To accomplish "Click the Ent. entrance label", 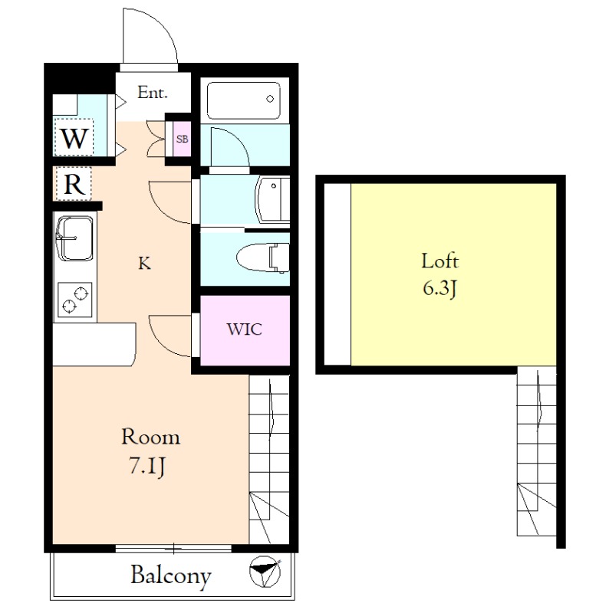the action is [152, 93].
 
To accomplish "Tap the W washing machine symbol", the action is [74, 138].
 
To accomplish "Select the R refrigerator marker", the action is [74, 184].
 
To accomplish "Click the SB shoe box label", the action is [182, 139].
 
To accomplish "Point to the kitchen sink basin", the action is [74, 238].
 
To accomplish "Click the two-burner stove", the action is [74, 300].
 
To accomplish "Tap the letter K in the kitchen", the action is [144, 264].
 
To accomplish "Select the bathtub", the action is [243, 100].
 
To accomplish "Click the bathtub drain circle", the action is [270, 99].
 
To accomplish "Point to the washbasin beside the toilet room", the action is [272, 199].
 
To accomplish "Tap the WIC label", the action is [244, 329].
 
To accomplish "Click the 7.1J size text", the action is [146, 466].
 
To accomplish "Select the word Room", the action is [150, 437].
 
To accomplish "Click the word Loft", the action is [440, 261].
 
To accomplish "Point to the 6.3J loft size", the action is [440, 289].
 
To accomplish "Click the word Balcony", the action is [171, 575].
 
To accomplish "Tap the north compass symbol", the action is [265, 571].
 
